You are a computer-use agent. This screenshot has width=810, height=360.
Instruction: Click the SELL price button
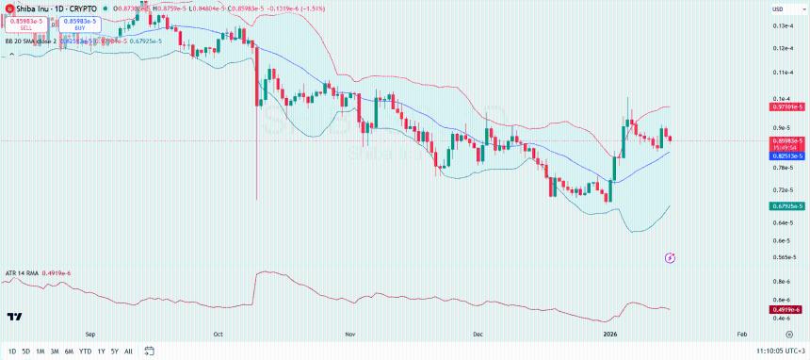(26, 24)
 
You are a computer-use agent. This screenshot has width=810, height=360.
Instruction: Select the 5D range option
(25, 352)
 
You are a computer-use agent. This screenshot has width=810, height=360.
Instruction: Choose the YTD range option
(84, 352)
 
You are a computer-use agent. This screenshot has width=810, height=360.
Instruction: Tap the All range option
(128, 352)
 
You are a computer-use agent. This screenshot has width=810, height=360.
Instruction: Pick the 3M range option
(55, 352)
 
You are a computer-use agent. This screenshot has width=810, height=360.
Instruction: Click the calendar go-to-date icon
(149, 352)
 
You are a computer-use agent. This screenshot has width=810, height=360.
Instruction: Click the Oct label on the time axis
(218, 334)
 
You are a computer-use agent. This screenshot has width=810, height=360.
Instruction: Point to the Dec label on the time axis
(478, 334)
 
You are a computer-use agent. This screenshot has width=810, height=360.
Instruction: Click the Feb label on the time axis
(741, 334)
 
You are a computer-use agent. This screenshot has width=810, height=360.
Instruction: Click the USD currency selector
(778, 9)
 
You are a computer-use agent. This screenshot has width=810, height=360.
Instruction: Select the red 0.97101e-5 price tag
(786, 107)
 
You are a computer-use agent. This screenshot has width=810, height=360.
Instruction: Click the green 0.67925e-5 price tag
(786, 205)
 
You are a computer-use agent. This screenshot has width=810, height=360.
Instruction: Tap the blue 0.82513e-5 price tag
(786, 155)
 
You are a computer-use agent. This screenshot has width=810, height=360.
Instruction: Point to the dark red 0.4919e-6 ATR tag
(786, 309)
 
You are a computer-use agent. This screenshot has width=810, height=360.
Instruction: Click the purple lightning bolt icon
(671, 256)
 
